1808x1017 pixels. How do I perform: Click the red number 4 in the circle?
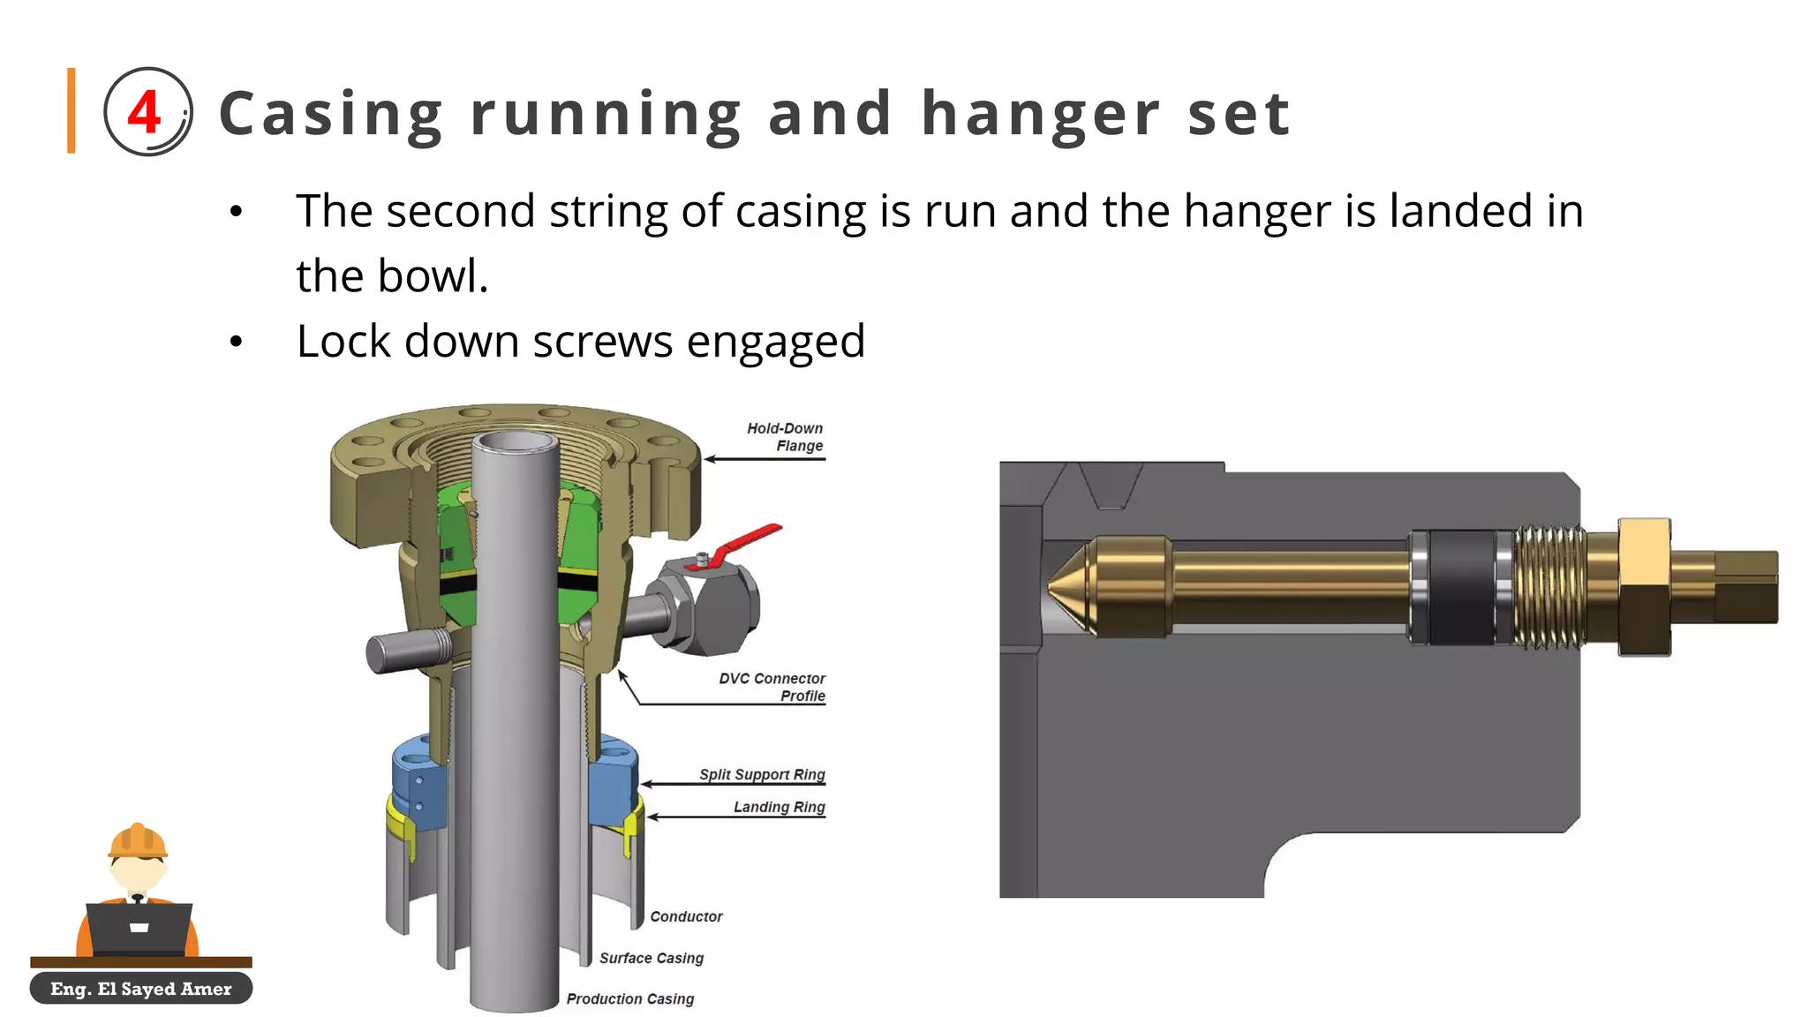(x=144, y=112)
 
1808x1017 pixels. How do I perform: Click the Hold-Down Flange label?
(x=785, y=437)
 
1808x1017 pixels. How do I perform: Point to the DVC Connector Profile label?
(x=772, y=687)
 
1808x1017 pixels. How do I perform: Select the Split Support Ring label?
(x=762, y=774)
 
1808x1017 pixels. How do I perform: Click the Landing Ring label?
(x=779, y=807)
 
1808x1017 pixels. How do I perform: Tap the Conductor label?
(x=686, y=916)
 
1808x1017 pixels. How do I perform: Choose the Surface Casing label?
(x=652, y=958)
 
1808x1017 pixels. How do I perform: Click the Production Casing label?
(x=630, y=998)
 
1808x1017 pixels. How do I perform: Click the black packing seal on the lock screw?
(x=1461, y=587)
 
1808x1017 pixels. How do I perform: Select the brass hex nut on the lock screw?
(x=1644, y=587)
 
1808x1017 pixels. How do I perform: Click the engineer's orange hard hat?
(x=138, y=840)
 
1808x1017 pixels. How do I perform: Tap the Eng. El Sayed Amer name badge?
(x=141, y=989)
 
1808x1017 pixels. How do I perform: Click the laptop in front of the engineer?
(x=139, y=927)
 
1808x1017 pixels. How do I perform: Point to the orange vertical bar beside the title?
(x=72, y=110)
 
